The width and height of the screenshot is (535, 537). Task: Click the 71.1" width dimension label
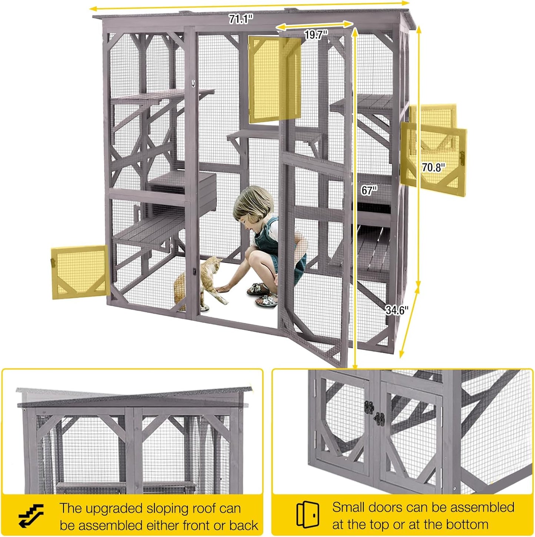click(241, 19)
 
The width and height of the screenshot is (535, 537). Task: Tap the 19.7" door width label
click(316, 35)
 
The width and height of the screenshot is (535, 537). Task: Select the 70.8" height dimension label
click(433, 168)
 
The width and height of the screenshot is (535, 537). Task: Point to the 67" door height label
click(369, 190)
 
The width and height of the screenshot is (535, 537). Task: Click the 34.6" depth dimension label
click(397, 310)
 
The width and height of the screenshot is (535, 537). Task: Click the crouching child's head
click(254, 208)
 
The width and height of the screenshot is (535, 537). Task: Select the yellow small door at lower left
click(79, 272)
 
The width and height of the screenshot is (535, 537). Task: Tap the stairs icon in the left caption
click(31, 515)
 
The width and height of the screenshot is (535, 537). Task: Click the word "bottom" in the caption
click(467, 524)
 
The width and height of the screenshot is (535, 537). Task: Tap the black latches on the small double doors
click(374, 413)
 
